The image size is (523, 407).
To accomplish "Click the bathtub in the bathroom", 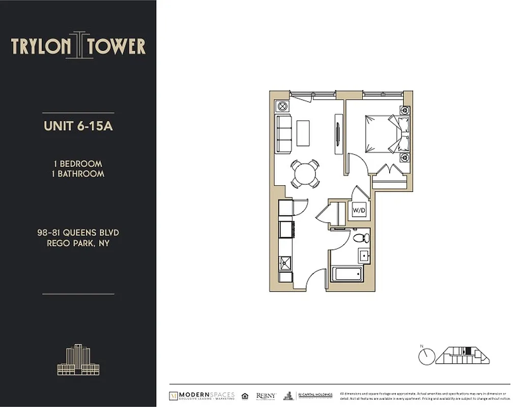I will coord(347,274).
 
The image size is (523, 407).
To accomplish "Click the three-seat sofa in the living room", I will coord(283,133).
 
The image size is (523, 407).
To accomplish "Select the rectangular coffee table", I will coord(304,132).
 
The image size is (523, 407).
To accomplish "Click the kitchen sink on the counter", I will coord(284,264).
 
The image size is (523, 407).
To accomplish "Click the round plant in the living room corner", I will coord(282,106).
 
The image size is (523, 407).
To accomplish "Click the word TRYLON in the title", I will coord(41,46).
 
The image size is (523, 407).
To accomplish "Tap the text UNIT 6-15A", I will coord(78,126).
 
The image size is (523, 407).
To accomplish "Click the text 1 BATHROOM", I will coord(78,173).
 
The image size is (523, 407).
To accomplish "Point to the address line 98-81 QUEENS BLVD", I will coord(78,232).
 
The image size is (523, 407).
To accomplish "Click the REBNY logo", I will coord(266,396).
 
